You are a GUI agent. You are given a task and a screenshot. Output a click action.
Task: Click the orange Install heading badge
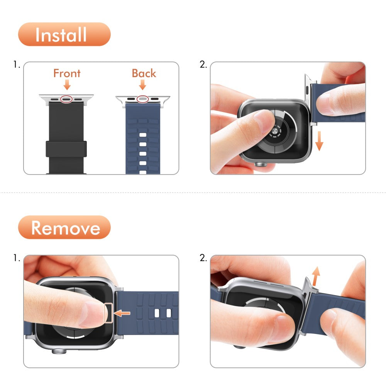point(64,34)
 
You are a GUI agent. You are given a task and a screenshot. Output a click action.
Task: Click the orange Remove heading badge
point(64,227)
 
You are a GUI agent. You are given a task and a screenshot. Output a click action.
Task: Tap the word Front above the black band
point(67,73)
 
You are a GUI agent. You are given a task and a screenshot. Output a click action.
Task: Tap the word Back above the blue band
point(144,73)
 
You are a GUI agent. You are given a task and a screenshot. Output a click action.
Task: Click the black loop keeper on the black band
point(66,149)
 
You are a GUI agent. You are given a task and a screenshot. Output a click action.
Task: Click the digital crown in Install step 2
point(261,164)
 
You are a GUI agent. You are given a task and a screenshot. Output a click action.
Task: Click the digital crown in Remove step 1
point(58,352)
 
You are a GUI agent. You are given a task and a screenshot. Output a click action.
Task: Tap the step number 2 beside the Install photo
point(203,65)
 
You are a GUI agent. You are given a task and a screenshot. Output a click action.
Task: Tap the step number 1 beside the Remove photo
point(16,258)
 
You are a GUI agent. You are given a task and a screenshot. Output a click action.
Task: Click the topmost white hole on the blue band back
point(142,135)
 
